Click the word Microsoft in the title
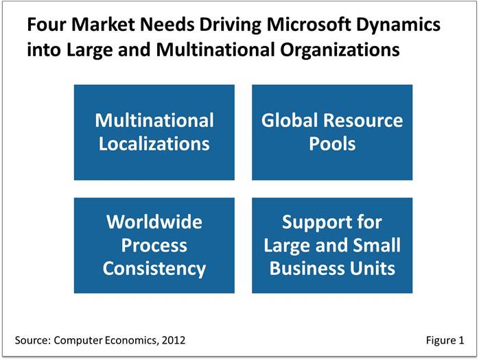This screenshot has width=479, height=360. (x=309, y=25)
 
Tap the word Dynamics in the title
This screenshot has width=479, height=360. (x=398, y=25)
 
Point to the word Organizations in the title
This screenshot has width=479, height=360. (x=340, y=51)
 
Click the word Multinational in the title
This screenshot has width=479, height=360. (x=215, y=49)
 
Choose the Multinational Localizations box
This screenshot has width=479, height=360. (x=154, y=132)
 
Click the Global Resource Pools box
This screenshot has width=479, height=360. (x=332, y=132)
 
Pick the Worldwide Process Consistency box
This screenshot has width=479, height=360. (x=154, y=245)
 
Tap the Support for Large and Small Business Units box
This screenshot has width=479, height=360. (x=332, y=245)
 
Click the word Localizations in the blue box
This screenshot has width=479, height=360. (x=154, y=143)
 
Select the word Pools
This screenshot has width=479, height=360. (x=332, y=143)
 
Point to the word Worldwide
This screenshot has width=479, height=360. (x=154, y=221)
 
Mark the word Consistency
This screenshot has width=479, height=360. (x=154, y=269)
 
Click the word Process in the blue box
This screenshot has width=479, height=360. (x=154, y=245)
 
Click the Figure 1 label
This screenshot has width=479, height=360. (x=445, y=340)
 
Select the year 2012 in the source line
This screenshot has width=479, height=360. (x=174, y=340)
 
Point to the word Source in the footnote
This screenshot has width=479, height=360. (x=31, y=340)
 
